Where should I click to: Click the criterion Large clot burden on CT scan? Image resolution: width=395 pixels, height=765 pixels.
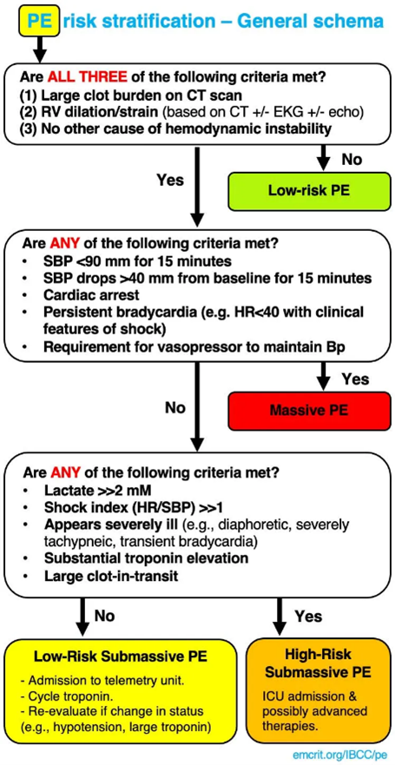pos(126,96)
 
